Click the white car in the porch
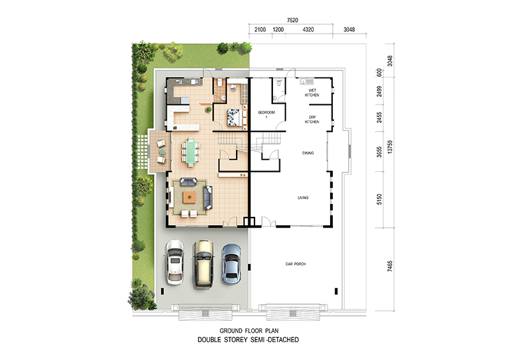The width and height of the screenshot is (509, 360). (174, 262)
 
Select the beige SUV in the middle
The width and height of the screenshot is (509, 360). (203, 264)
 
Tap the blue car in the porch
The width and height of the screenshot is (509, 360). (232, 264)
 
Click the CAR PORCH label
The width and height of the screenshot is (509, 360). (295, 264)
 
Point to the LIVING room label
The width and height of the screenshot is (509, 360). (303, 197)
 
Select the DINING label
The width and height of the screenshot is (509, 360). (308, 153)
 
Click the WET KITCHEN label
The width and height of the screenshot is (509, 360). (312, 92)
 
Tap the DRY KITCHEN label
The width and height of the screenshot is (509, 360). (312, 120)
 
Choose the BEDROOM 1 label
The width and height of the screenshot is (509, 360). (266, 114)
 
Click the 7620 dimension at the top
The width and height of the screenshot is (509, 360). (292, 20)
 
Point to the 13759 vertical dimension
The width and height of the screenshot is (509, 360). (390, 147)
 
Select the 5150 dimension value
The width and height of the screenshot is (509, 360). (379, 199)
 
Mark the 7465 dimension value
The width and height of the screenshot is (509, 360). (390, 266)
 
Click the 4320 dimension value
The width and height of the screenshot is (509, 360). (308, 29)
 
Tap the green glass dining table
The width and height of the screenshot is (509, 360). (190, 151)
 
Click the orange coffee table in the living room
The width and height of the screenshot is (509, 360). (189, 197)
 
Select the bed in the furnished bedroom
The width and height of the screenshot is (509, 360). (234, 117)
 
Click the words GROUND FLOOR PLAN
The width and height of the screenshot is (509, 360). (249, 331)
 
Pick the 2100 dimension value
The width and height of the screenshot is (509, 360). (260, 29)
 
